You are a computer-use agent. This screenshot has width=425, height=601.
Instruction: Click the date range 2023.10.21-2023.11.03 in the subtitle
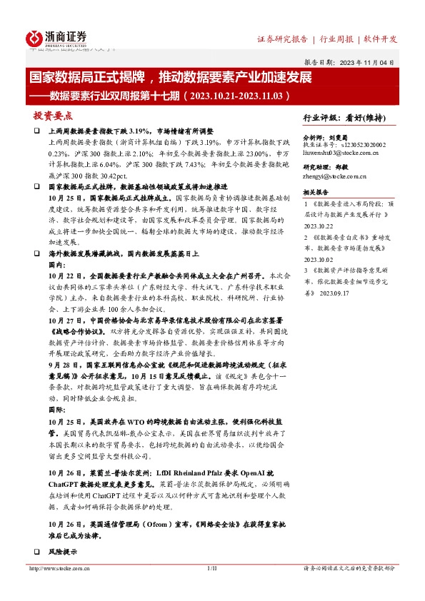point(236,95)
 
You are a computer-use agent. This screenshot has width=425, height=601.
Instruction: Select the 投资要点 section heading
point(53,116)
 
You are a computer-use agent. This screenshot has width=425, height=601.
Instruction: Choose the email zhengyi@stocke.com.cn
point(333,175)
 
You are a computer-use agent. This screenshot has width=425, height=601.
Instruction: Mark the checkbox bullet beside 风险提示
point(36,552)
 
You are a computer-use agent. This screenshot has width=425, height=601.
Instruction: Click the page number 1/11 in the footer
point(211,569)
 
